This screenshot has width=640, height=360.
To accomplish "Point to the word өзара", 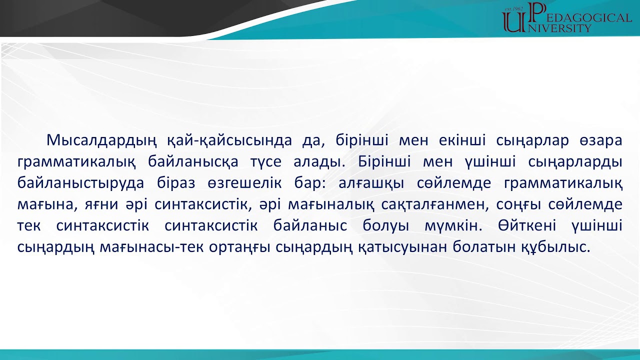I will (602, 140).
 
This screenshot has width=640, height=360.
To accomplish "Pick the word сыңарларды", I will (579, 162).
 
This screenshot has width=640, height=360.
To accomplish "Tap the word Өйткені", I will (525, 225).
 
